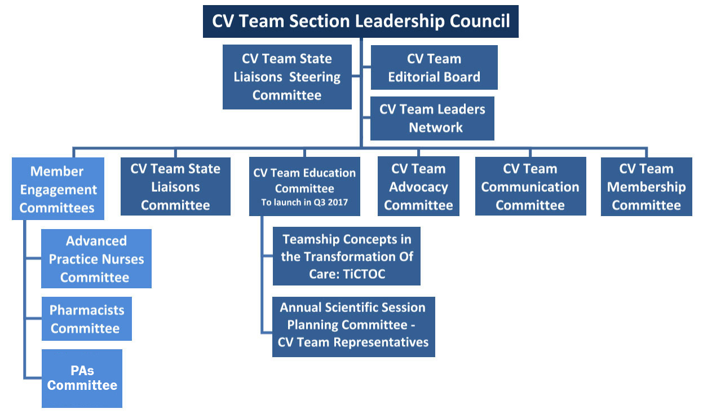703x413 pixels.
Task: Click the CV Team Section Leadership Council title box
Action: (x=360, y=22)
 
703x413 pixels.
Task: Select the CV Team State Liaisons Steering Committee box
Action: (x=287, y=77)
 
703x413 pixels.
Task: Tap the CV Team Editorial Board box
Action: (x=434, y=68)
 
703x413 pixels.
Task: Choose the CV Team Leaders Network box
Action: (x=432, y=118)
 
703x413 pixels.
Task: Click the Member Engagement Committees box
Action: (x=58, y=189)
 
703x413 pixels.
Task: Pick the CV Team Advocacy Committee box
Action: (x=418, y=187)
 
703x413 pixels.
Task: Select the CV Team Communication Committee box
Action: (x=530, y=187)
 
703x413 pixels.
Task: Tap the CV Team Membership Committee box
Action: (x=646, y=187)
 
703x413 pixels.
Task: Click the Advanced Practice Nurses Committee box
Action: (x=96, y=259)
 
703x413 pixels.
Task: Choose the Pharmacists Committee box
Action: (x=86, y=319)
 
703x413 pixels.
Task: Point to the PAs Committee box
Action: (x=82, y=378)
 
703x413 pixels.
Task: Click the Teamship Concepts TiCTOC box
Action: (x=347, y=256)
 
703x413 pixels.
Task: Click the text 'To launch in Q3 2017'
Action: (x=304, y=202)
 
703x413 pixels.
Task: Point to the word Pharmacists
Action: (x=87, y=310)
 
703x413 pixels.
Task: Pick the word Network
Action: (x=435, y=128)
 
